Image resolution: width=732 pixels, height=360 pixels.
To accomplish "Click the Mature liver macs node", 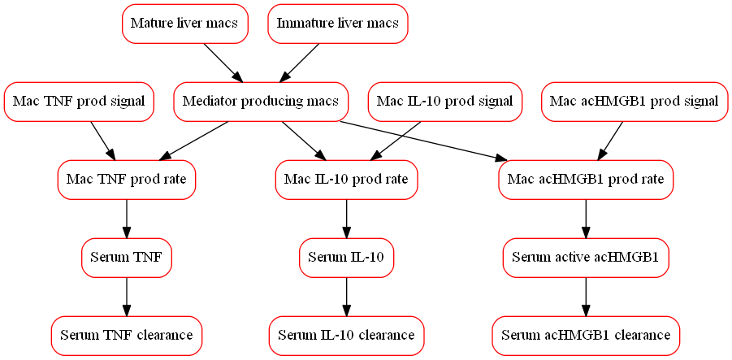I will coord(184,24).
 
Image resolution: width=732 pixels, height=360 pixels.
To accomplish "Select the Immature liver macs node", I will coord(337,24).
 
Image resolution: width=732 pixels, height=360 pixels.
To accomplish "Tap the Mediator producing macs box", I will coord(261,102).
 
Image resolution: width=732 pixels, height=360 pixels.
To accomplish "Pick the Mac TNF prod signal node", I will coord(79,102).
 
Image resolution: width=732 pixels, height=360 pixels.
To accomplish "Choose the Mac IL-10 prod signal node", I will coord(444,102).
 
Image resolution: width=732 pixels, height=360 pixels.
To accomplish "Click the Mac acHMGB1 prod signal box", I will coord(634,102).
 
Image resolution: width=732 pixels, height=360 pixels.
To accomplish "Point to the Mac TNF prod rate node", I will coord(127,179).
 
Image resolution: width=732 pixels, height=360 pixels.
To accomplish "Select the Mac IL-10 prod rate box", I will coord(347,179).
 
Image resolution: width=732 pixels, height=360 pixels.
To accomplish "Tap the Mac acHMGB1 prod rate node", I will coord(586,179).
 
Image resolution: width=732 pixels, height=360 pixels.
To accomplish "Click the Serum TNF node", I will coord(126,258).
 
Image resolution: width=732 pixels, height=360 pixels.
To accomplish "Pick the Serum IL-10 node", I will coord(347,258).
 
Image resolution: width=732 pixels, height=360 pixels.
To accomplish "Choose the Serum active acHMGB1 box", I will coord(586,258).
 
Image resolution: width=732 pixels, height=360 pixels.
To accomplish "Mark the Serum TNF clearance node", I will coord(126,335).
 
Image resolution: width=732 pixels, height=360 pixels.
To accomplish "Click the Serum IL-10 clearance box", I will coord(346,335).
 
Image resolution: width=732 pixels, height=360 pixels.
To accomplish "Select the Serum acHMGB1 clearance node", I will coord(586,335).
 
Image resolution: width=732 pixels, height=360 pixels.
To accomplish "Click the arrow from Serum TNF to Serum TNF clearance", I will coord(126,296).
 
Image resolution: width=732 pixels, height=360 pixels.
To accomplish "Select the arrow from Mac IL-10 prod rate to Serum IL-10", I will coord(347,218).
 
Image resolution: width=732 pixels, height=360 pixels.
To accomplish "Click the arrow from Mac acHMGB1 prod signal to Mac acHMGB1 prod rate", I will coord(611,140).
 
